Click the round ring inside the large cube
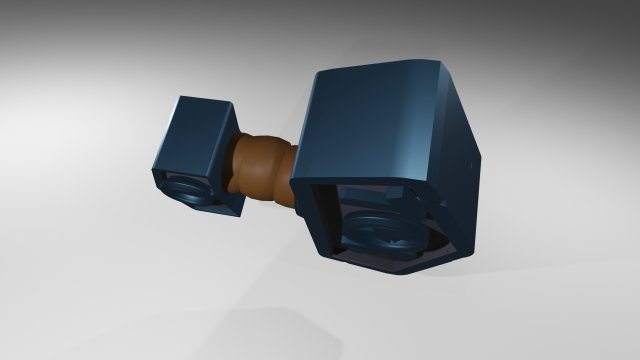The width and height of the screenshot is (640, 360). [x=385, y=236]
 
